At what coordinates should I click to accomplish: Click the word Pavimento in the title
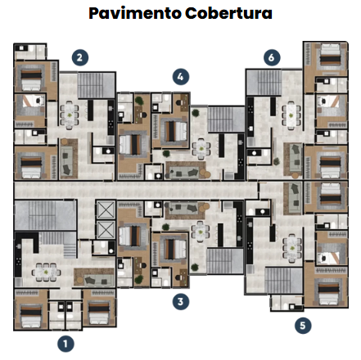pos(135,13)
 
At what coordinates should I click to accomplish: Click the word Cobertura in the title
pos(228,13)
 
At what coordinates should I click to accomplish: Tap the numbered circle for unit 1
pos(65,344)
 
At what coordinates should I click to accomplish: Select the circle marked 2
pos(80,57)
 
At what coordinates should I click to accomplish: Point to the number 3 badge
pos(181,302)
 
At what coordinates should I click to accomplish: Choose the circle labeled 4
pos(181,77)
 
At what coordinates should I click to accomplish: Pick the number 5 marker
pos(303,326)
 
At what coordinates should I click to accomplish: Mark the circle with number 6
pos(272,57)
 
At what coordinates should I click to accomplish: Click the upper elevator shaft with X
pos(106,209)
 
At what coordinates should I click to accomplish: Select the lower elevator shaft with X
pos(106,229)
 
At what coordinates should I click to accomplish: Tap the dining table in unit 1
pos(46,272)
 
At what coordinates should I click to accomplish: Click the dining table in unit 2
pos(70,115)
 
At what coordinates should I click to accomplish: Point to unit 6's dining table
pos(291,115)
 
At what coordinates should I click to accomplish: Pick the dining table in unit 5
pos(292,248)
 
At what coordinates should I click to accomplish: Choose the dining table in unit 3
pos(201,232)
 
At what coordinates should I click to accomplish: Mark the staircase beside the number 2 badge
pos(96,85)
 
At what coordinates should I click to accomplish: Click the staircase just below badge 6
pos(264,83)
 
